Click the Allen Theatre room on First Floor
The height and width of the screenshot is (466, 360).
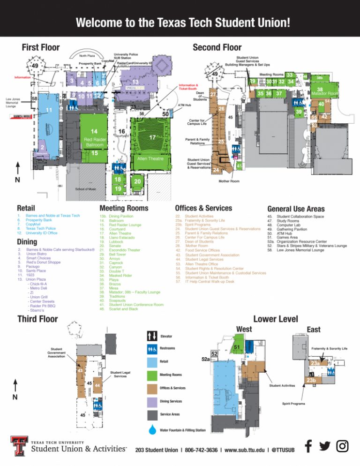click(x=150, y=159)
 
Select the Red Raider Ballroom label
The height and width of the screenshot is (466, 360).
click(x=94, y=142)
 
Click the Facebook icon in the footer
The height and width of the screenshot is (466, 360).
click(x=308, y=446)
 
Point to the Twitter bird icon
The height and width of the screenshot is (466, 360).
click(x=325, y=446)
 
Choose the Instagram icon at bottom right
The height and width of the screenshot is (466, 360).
click(x=343, y=446)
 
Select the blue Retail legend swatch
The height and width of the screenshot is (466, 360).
click(x=152, y=361)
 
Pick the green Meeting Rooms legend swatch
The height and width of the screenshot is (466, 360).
click(x=152, y=375)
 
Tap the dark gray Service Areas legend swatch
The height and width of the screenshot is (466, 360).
click(x=152, y=415)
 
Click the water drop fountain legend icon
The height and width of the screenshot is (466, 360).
click(x=152, y=429)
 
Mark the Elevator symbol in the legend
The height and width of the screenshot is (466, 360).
click(x=152, y=335)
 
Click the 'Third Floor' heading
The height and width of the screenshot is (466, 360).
click(x=37, y=319)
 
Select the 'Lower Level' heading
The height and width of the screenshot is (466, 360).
click(x=275, y=319)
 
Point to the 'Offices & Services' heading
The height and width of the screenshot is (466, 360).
click(x=203, y=208)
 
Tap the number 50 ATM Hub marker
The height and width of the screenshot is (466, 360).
click(x=165, y=114)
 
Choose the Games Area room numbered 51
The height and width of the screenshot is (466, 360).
click(x=237, y=347)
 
